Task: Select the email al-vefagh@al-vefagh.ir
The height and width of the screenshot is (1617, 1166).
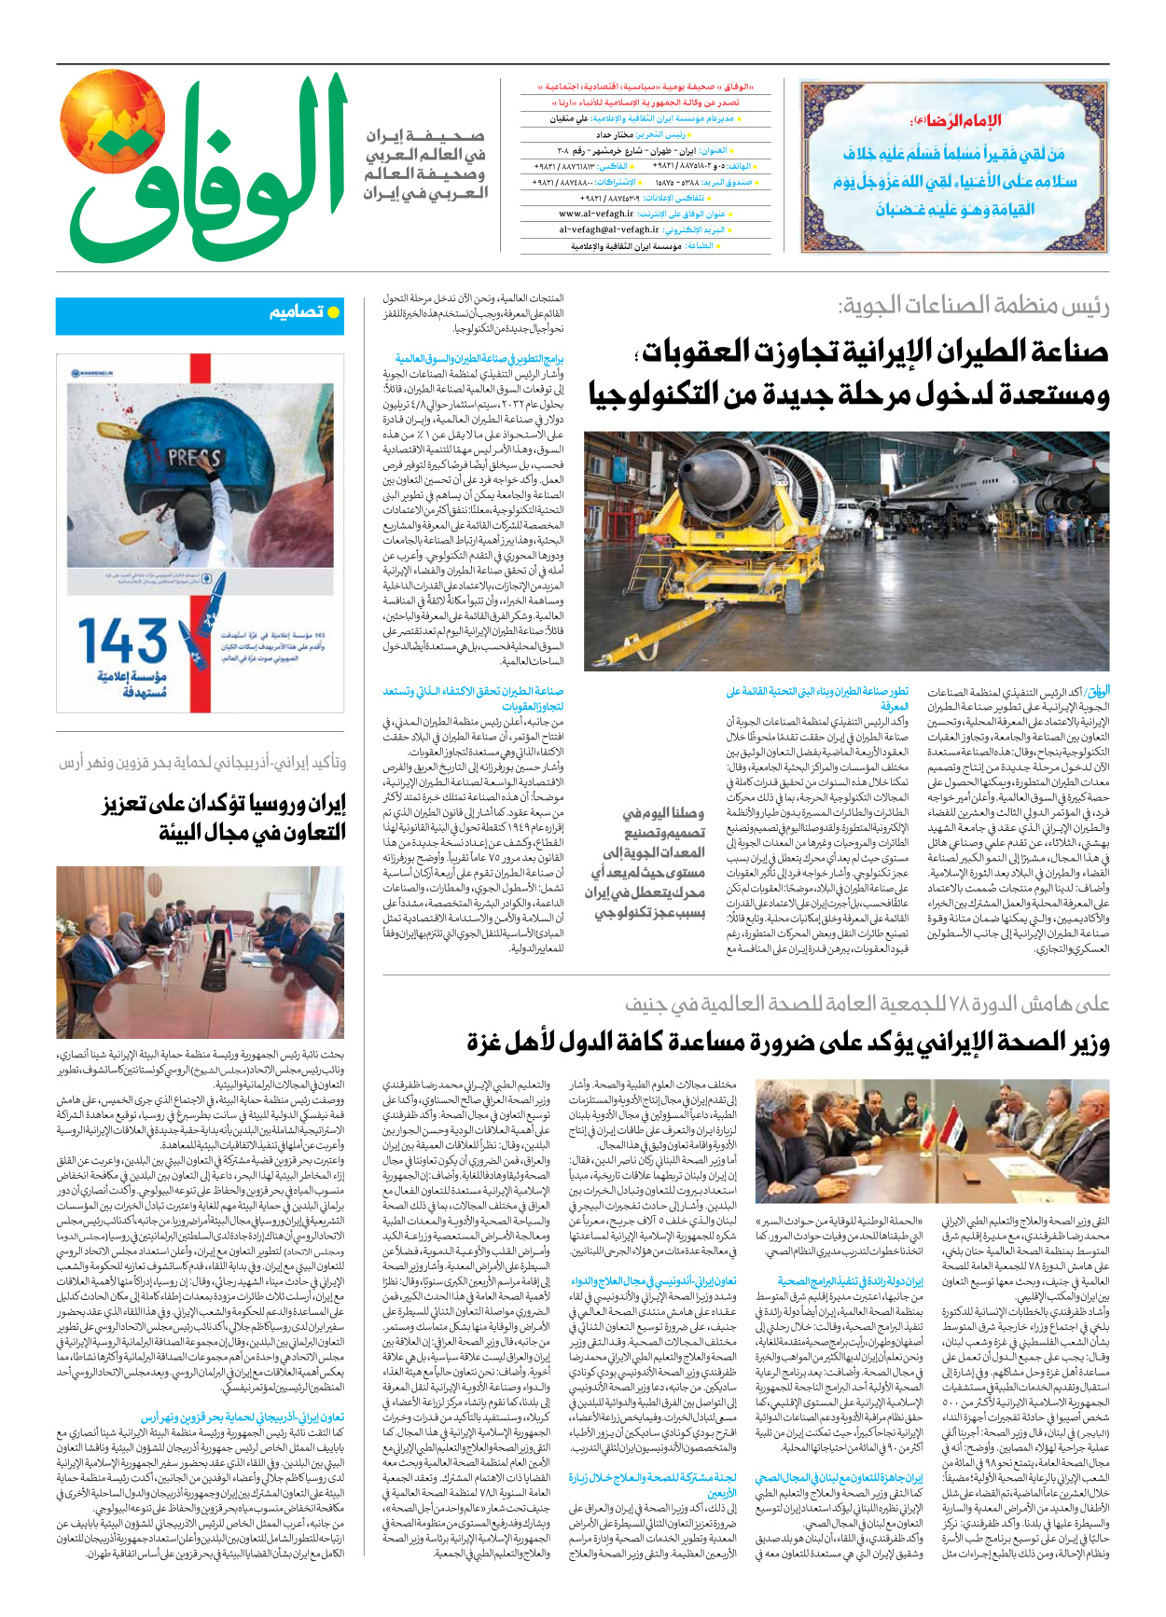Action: (x=609, y=229)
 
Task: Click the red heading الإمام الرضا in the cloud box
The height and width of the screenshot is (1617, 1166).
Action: (x=954, y=121)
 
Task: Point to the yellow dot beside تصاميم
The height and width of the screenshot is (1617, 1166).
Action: (x=334, y=312)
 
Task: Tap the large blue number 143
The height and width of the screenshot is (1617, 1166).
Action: (x=122, y=642)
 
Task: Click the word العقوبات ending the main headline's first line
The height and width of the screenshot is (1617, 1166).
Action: (x=696, y=352)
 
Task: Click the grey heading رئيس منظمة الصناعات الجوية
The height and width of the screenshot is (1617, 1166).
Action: (x=974, y=306)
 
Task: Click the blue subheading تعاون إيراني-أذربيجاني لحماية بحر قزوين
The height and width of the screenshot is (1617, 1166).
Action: (x=243, y=1417)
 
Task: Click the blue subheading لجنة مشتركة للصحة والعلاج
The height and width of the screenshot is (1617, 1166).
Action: (x=653, y=1477)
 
